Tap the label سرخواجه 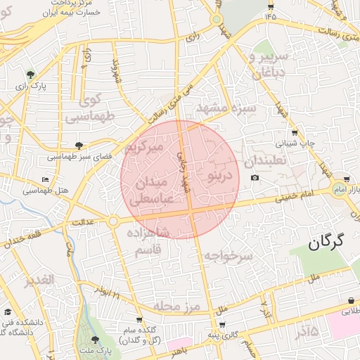click(228, 257)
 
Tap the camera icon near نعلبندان click(255, 177)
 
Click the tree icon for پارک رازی click(30, 74)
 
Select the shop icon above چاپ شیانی click(294, 131)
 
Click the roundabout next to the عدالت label click(113, 221)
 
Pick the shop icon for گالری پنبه click(222, 325)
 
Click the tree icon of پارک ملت click(96, 340)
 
